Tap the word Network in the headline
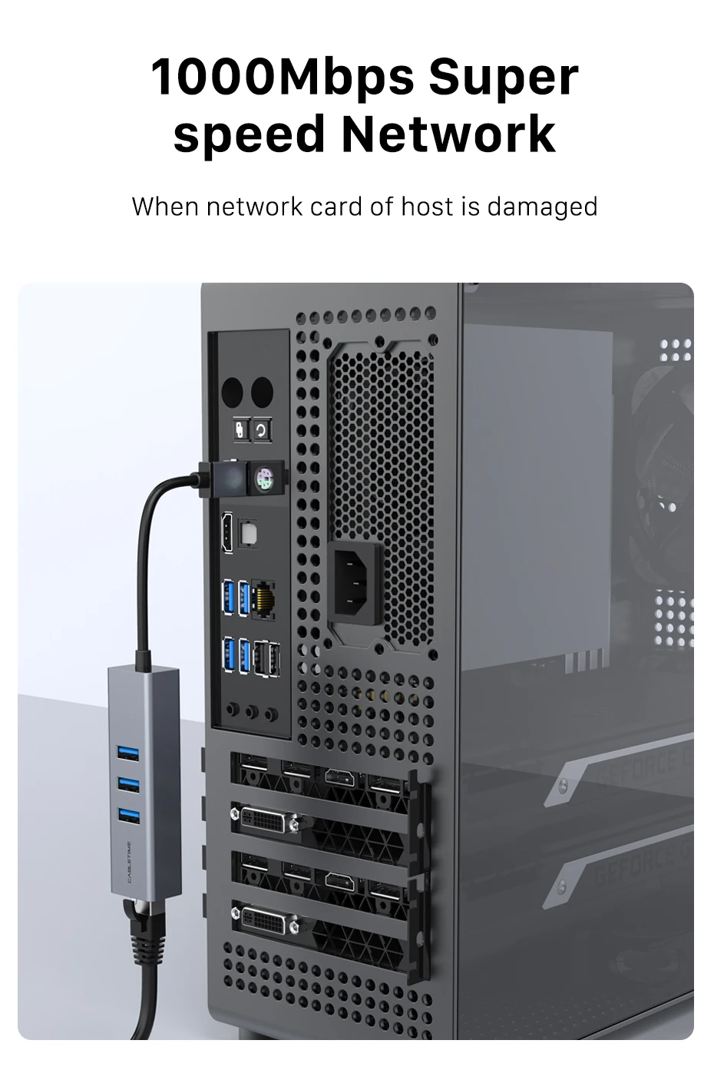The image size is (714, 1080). pyautogui.click(x=448, y=134)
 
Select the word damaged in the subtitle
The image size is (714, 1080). pyautogui.click(x=542, y=206)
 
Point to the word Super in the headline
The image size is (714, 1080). pyautogui.click(x=504, y=78)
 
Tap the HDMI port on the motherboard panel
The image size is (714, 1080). pyautogui.click(x=228, y=532)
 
